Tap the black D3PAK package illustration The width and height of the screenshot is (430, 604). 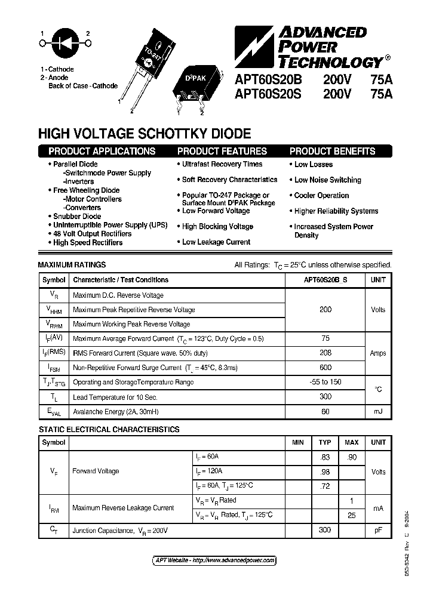click(x=191, y=87)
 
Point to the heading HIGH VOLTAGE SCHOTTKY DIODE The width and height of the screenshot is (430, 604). click(x=145, y=134)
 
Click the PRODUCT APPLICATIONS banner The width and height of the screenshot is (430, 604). click(x=102, y=151)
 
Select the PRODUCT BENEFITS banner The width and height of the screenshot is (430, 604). click(x=332, y=151)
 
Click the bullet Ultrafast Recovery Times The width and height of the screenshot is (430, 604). click(x=222, y=164)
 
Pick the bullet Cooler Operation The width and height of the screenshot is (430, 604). click(x=321, y=196)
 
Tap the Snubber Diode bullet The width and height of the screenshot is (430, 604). click(x=77, y=216)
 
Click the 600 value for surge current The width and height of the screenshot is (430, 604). click(x=325, y=368)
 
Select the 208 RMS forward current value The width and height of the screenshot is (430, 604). click(x=325, y=353)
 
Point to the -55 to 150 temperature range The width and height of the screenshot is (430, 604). click(x=325, y=382)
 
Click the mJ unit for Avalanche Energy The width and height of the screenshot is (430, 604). click(x=378, y=411)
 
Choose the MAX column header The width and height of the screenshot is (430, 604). click(x=352, y=442)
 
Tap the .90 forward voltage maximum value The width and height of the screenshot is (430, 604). click(x=352, y=457)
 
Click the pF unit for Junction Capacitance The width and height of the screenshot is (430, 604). click(x=378, y=529)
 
